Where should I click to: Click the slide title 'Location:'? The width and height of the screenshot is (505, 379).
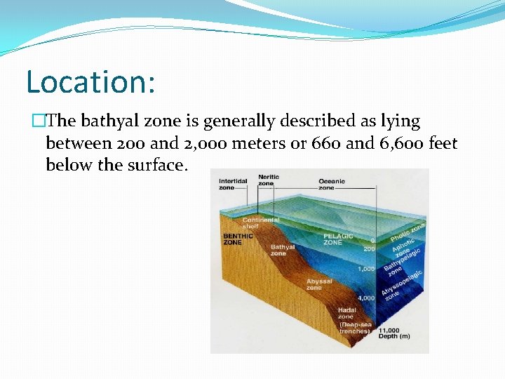coord(90,81)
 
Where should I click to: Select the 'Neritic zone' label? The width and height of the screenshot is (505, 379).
coord(268,180)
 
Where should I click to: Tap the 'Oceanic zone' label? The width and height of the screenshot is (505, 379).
coord(331,184)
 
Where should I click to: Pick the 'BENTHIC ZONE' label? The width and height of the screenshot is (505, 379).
coord(234,239)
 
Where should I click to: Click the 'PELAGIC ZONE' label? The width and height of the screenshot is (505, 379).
coord(338,239)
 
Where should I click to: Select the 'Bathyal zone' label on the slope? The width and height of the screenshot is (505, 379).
coord(283,250)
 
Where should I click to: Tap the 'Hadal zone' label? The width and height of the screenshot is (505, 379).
coord(346,312)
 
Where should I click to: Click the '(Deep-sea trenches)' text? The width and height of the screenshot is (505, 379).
coord(354,327)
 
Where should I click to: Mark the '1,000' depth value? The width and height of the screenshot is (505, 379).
coord(366,269)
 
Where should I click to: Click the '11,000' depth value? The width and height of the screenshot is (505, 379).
coord(389,330)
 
